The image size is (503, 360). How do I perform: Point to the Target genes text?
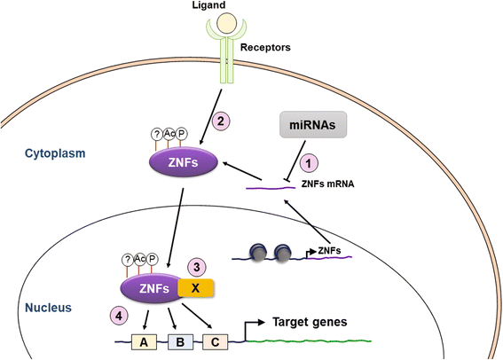[x=309, y=323]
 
